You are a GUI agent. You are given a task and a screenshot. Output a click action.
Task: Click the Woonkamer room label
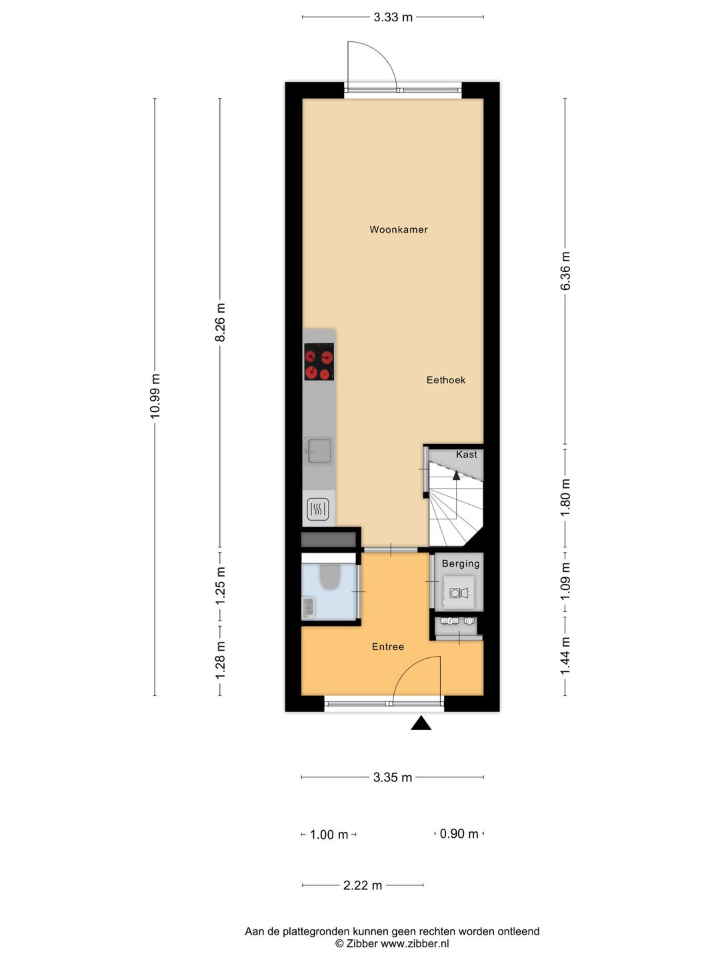pos(398,229)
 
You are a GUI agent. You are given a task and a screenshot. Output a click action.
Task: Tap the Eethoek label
pos(446,380)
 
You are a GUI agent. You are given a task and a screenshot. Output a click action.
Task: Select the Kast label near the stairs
pos(467,455)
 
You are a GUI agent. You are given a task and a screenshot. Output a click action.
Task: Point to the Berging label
pos(461,564)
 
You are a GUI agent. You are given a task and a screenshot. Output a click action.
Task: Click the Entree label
pos(388,647)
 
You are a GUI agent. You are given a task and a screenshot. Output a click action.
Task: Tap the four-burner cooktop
pos(319,361)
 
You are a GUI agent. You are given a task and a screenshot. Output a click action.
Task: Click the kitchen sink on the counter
pos(319,451)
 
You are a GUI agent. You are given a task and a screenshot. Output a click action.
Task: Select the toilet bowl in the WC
pos(329,577)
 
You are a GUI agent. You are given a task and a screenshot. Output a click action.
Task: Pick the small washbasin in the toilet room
pos(308,609)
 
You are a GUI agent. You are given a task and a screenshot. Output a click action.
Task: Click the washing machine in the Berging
pos(459,593)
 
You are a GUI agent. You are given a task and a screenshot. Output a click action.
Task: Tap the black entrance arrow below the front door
pos(421,723)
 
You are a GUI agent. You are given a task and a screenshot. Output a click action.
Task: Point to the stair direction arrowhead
pos(457,475)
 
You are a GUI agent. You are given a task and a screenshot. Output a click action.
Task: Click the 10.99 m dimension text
pos(155,396)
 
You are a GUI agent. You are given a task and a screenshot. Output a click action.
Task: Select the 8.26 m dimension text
pos(220,322)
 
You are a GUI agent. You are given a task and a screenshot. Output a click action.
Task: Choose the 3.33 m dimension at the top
pos(393,17)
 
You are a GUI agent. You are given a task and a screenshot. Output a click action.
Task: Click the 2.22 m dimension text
pos(363,885)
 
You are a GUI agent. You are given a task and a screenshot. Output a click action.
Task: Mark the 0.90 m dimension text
pos(459,833)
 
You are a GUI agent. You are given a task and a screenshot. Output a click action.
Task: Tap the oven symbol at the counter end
pos(318,509)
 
